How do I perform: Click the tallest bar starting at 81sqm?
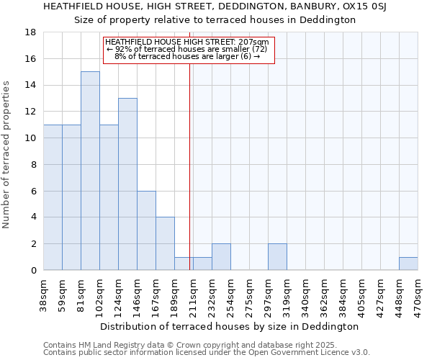coord(90,171)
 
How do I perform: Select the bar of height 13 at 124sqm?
coord(127,184)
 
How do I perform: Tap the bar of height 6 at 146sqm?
coord(146,230)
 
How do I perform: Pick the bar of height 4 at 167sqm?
coord(165,243)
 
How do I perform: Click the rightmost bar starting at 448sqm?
coord(408,264)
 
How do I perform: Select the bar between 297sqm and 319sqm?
coord(277,257)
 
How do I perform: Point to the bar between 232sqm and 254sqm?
coord(221,257)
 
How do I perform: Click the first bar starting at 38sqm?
coord(53,197)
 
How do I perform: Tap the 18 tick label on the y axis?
coord(31,32)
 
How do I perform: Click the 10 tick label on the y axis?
coord(31,138)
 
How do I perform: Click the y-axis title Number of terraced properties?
coord(7,155)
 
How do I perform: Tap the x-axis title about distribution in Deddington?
coord(230,326)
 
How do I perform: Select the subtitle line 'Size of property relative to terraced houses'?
coord(216,19)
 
